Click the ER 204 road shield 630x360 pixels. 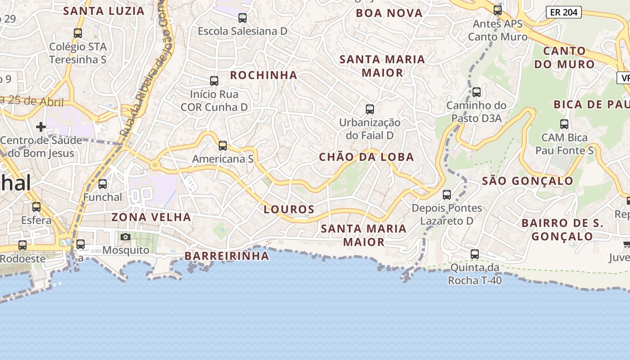[x=564, y=12]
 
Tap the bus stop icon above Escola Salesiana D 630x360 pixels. [x=243, y=18]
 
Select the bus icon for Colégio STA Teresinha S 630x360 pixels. [x=78, y=33]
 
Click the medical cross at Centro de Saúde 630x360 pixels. [x=41, y=127]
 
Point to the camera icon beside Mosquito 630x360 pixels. [x=126, y=237]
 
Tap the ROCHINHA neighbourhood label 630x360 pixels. [x=264, y=75]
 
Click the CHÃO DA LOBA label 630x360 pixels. [x=366, y=157]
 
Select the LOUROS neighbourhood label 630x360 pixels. [x=289, y=209]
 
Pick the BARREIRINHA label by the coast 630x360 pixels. [x=227, y=256]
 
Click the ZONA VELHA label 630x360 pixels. [x=151, y=217]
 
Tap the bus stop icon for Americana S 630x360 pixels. [x=223, y=145]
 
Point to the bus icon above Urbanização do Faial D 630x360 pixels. [x=370, y=109]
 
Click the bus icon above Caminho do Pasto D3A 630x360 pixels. [x=477, y=92]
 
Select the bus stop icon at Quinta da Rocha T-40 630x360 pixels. [x=475, y=254]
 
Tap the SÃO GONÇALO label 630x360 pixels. [x=528, y=181]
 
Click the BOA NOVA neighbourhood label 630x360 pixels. [x=389, y=13]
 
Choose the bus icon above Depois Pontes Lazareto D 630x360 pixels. [x=447, y=195]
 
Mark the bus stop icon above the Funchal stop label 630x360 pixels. [x=103, y=184]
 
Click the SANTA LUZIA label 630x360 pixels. [x=104, y=11]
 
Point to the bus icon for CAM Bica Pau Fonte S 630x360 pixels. [x=564, y=124]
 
